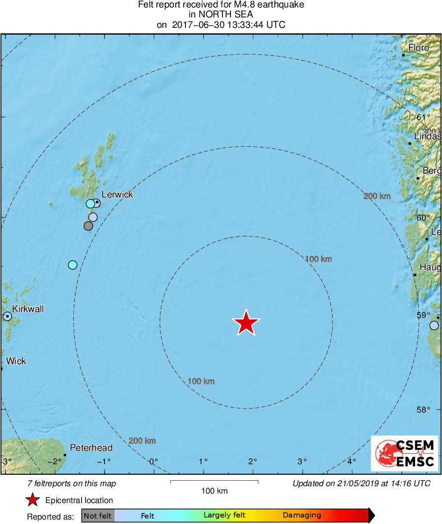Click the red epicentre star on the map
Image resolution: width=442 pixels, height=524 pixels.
pos(246,323)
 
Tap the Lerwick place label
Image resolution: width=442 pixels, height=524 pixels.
pos(117,195)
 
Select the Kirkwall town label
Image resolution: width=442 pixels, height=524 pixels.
pos(28,309)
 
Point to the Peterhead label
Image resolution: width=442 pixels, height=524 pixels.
pos(91,448)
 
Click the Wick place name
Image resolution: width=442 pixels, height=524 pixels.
pos(16,361)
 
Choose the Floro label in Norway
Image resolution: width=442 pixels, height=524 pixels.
pos(419,48)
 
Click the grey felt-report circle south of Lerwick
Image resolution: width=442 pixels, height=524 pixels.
pos(88,226)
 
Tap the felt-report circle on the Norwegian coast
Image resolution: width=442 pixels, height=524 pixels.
pos(434,325)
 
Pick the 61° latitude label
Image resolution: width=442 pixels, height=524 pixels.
pos(423,117)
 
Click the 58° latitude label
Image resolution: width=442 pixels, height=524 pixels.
pos(423,410)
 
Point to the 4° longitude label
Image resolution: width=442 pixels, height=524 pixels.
pos(351,461)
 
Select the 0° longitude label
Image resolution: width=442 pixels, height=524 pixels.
pos(154,461)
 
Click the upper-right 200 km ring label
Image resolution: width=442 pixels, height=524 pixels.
pos(377,196)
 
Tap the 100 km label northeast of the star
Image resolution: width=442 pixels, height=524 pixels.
pos(318,259)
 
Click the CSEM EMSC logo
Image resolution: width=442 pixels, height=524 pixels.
pos(404,453)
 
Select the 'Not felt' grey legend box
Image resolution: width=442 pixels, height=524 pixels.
pos(98,516)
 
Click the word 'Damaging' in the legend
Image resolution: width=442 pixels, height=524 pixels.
pos(302,516)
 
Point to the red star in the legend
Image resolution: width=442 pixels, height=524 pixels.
pos(33,500)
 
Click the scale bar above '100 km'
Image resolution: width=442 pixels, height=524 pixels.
pos(214,482)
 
